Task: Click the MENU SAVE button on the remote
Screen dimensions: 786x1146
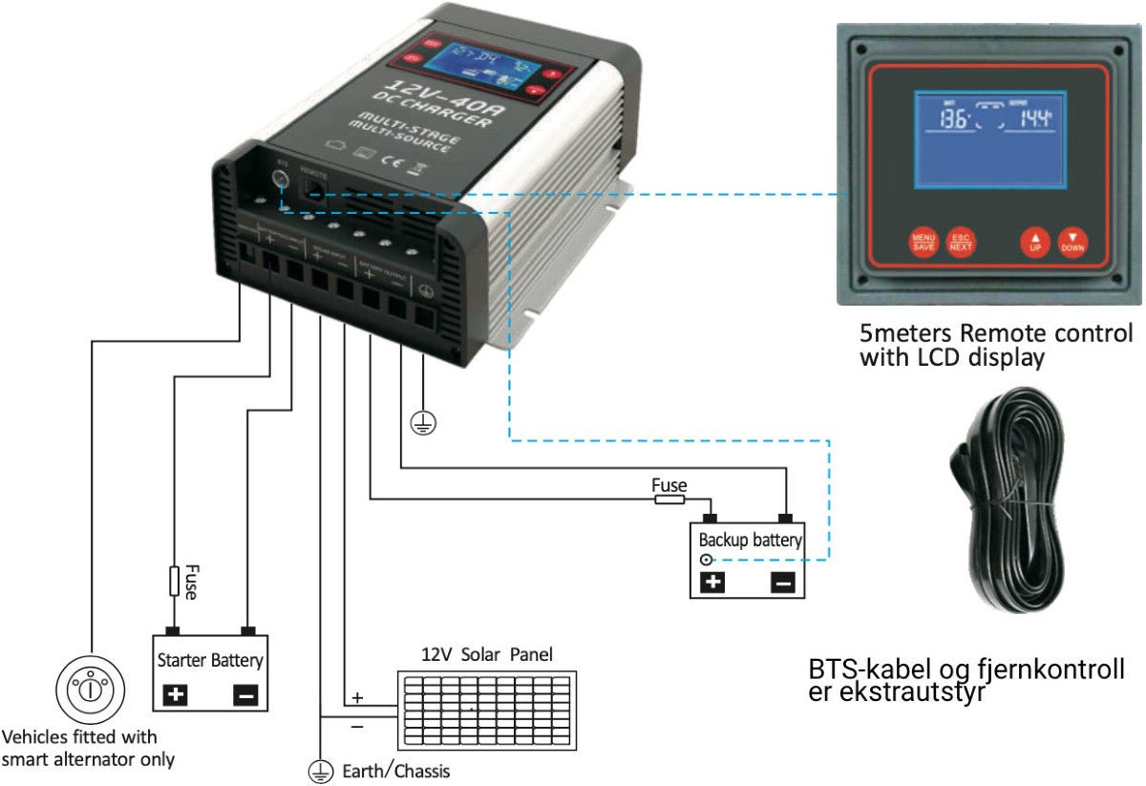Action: pyautogui.click(x=923, y=243)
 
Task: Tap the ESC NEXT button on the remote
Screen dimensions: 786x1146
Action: pyautogui.click(x=961, y=243)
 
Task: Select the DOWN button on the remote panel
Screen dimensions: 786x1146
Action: pyautogui.click(x=1072, y=243)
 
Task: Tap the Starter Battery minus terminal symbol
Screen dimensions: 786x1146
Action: pyautogui.click(x=245, y=695)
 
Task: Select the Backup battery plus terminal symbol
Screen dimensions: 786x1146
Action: pyautogui.click(x=712, y=582)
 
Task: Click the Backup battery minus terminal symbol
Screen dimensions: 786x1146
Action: pyautogui.click(x=782, y=582)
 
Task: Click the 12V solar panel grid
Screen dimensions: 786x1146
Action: pyautogui.click(x=486, y=711)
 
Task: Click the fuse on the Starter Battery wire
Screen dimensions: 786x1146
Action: pyautogui.click(x=174, y=581)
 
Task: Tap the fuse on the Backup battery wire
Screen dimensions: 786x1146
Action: pyautogui.click(x=668, y=499)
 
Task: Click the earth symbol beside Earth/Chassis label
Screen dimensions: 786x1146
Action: pyautogui.click(x=319, y=770)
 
